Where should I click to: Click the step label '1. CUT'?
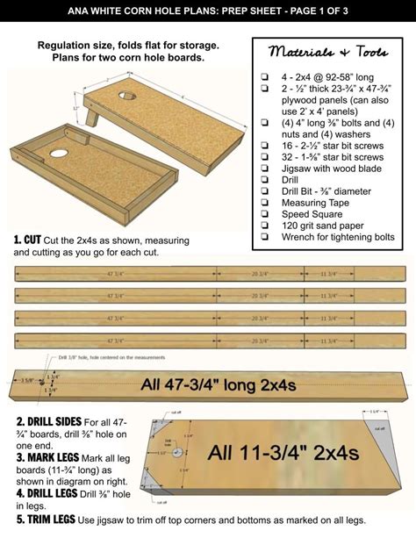(29, 238)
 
